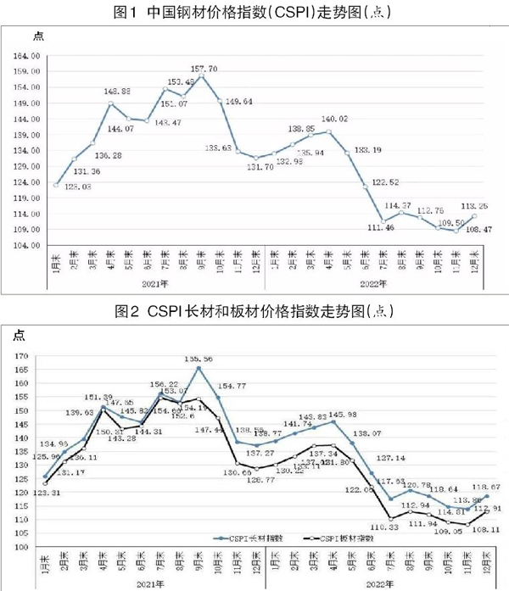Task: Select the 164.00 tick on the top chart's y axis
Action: (30, 56)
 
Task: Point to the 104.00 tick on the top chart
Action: (30, 245)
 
